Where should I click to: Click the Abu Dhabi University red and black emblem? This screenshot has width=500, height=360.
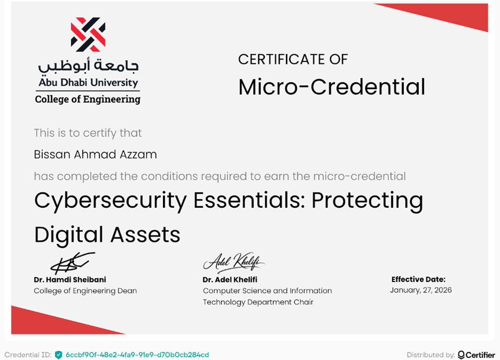88,35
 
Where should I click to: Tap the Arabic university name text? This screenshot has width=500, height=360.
88,66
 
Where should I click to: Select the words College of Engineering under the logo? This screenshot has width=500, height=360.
88,99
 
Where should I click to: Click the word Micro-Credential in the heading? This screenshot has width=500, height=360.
332,87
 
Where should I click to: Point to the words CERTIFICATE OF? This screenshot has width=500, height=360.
293,59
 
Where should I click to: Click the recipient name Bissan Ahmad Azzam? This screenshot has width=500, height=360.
95,154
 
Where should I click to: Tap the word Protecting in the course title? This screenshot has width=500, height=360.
367,200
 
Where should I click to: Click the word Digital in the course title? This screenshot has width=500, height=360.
68,234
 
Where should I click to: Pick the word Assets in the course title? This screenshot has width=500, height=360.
145,234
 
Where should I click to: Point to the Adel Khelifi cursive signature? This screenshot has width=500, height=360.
234,263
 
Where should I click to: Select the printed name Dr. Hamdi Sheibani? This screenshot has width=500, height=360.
70,279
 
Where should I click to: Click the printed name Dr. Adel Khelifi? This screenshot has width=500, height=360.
230,279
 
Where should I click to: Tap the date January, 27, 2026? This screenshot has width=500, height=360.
420,290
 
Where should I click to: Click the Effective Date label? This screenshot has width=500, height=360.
418,279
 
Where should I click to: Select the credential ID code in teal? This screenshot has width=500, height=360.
137,355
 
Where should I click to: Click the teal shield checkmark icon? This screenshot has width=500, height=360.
58,355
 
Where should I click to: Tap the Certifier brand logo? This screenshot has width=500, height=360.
476,355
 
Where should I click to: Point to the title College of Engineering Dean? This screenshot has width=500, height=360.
85,291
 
